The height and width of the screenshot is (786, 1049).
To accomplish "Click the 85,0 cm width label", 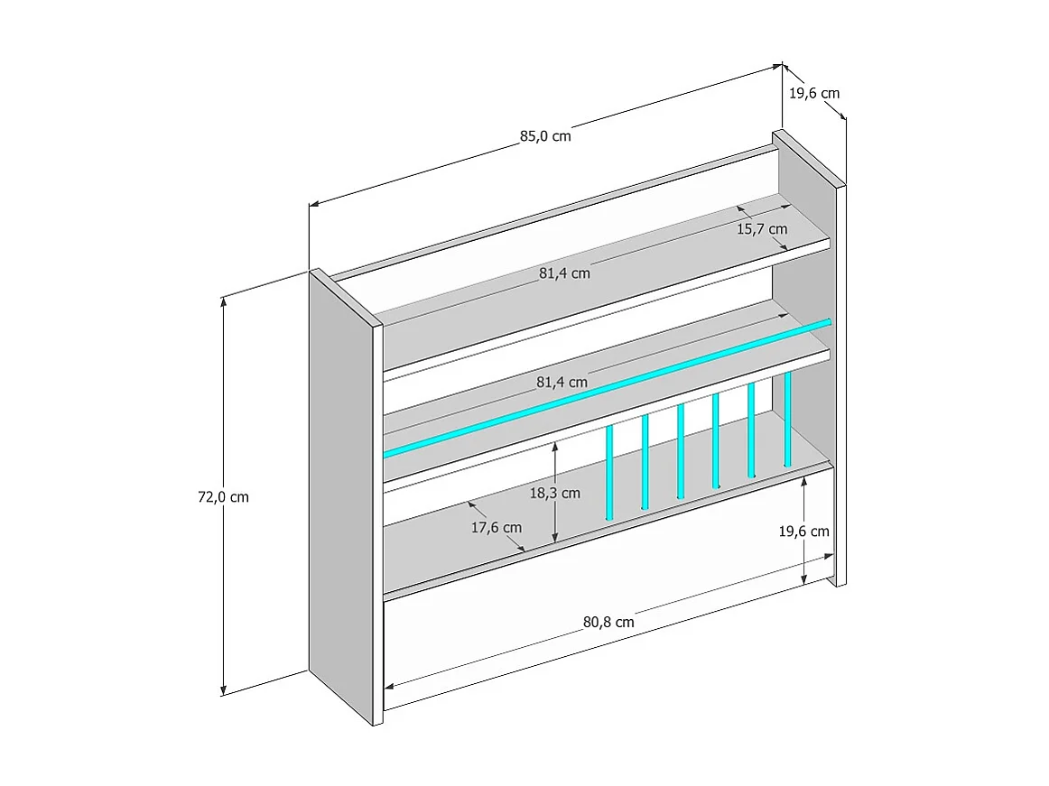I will pyautogui.click(x=545, y=136).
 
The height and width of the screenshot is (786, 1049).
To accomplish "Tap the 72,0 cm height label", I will pyautogui.click(x=223, y=496).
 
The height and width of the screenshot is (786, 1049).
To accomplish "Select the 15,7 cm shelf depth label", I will pyautogui.click(x=762, y=229).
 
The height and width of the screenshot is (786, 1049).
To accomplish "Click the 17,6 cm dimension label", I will pyautogui.click(x=496, y=527).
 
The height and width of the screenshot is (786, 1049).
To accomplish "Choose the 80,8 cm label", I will pyautogui.click(x=608, y=621).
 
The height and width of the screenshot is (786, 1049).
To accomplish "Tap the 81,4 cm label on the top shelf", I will pyautogui.click(x=564, y=273).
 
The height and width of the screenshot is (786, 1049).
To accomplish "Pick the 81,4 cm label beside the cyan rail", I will pyautogui.click(x=562, y=382).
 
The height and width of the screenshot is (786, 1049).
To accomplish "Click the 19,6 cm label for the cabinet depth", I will pyautogui.click(x=814, y=93).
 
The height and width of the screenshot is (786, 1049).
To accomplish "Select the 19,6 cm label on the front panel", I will pyautogui.click(x=803, y=531).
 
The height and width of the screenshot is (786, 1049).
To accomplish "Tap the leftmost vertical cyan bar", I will pyautogui.click(x=609, y=471).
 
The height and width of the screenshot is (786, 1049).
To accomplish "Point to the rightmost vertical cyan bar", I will pyautogui.click(x=787, y=419).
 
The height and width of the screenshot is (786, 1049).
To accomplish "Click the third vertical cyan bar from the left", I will pyautogui.click(x=680, y=450).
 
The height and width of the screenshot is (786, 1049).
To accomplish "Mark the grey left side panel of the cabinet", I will pyautogui.click(x=341, y=496).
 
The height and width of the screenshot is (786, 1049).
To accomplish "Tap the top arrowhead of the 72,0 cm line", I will pyautogui.click(x=223, y=300).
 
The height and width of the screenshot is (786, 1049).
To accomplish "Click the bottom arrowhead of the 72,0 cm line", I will pyautogui.click(x=223, y=691).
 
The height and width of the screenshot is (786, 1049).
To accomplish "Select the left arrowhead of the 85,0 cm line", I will pyautogui.click(x=313, y=205).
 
